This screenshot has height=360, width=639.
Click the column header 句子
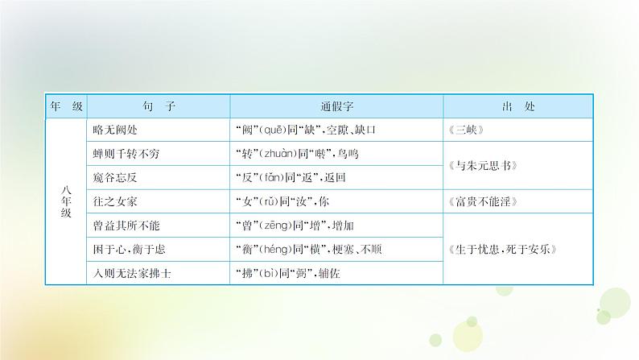pos(158,106)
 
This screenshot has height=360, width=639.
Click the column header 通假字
pos(336,106)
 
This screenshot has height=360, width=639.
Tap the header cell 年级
pos(67,106)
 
